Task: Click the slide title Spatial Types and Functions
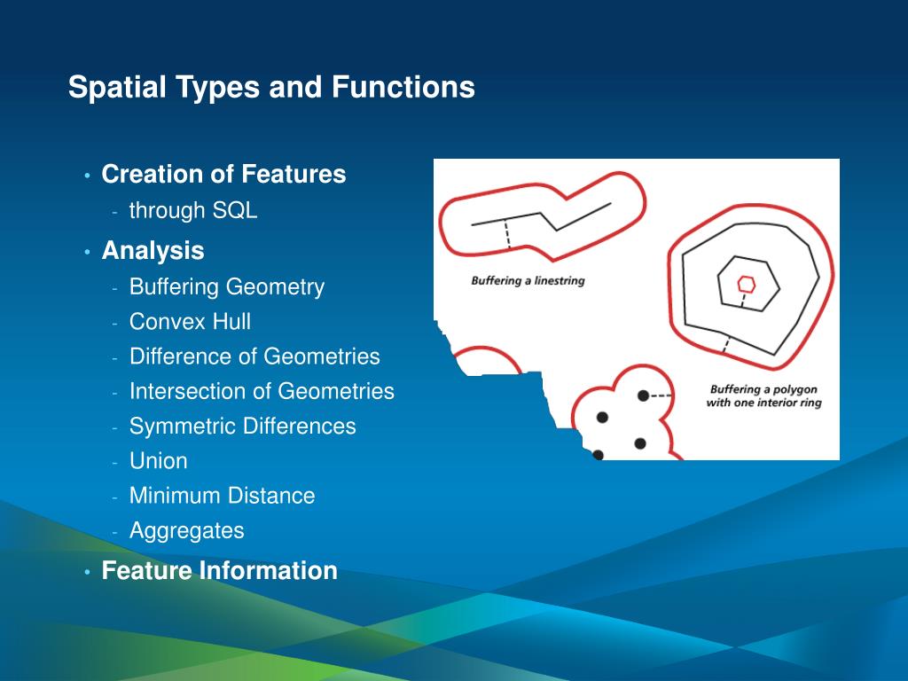pos(271,88)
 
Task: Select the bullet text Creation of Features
pos(223,174)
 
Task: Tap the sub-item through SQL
pos(193,211)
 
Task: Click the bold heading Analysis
pos(153,251)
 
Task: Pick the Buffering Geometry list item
pos(227,287)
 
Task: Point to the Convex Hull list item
pos(190,322)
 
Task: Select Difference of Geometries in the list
pos(254,356)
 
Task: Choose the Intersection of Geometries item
pos(262,391)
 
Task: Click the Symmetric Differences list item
pos(242,427)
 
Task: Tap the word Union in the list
pos(159,461)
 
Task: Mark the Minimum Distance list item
pos(222,496)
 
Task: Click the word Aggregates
pos(186,531)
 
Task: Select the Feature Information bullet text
pos(219,570)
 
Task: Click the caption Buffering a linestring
pos(528,281)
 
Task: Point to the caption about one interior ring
pos(763,396)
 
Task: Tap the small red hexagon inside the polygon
pos(747,284)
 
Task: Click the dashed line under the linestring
pos(506,233)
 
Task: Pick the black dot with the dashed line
pos(643,395)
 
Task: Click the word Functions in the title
pos(403,88)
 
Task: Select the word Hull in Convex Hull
pos(231,322)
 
